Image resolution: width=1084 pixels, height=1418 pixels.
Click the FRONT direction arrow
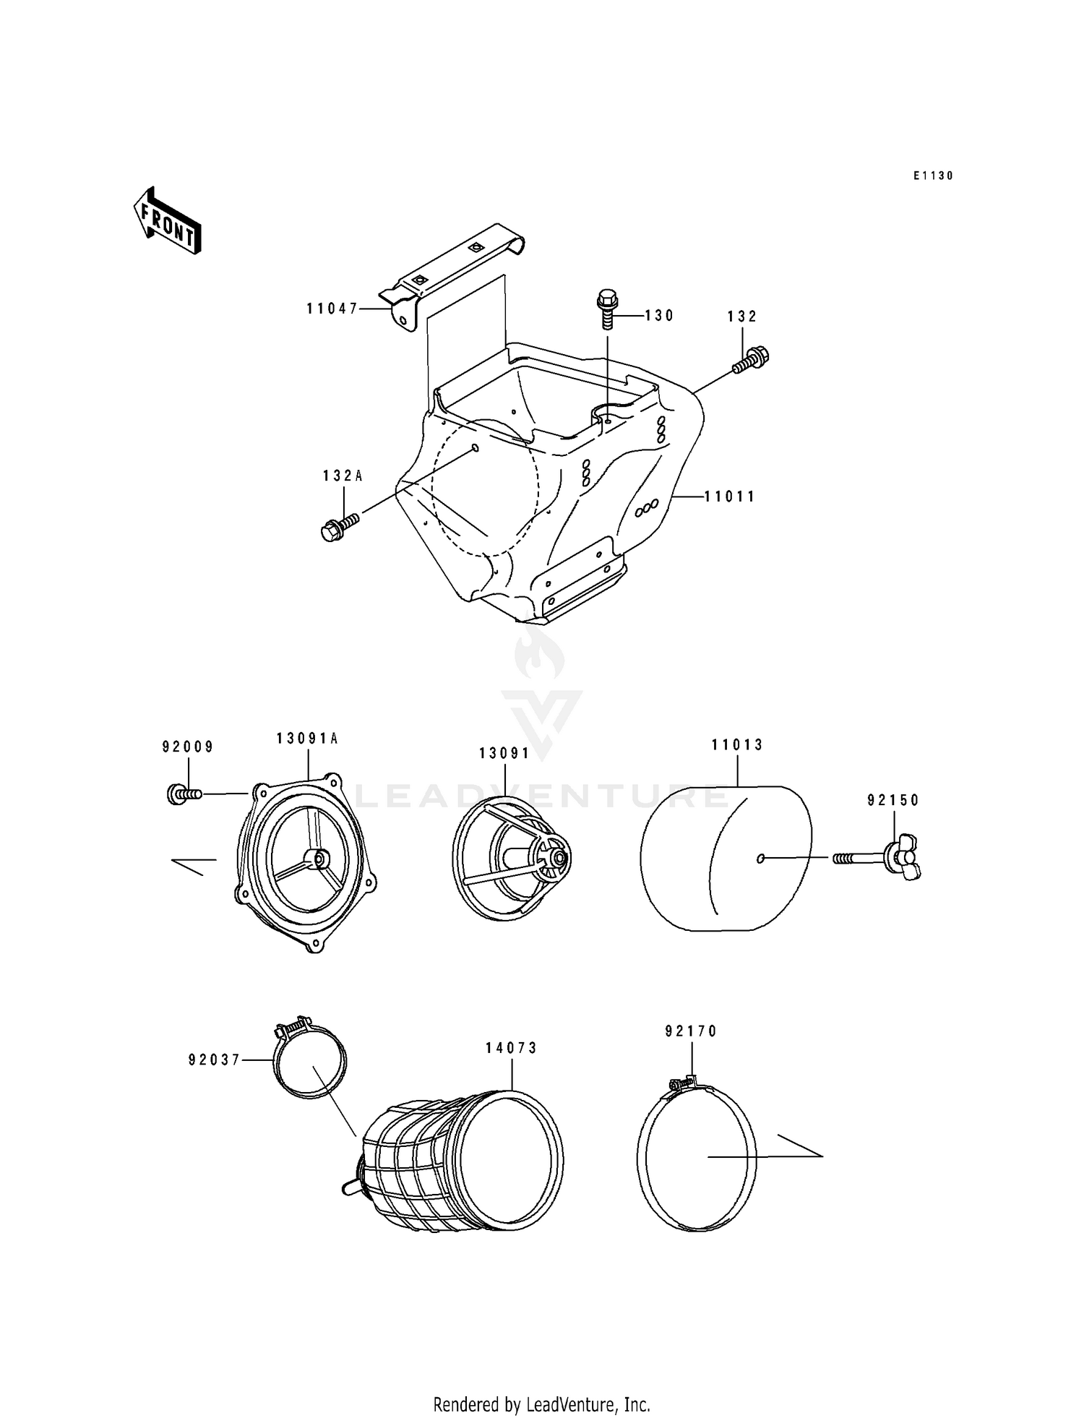[166, 220]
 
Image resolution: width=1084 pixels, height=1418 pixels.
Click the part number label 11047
[332, 309]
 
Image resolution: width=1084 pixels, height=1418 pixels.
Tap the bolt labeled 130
[607, 309]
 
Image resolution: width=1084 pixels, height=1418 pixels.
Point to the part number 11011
[730, 497]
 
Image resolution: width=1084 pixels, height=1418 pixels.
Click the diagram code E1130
[932, 176]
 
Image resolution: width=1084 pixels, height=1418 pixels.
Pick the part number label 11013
[737, 744]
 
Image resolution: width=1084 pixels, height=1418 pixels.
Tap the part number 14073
[511, 1048]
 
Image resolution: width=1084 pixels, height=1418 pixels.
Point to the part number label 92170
[691, 1031]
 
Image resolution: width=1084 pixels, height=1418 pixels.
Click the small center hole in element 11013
[760, 858]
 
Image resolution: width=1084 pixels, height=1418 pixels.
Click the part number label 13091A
[307, 738]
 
